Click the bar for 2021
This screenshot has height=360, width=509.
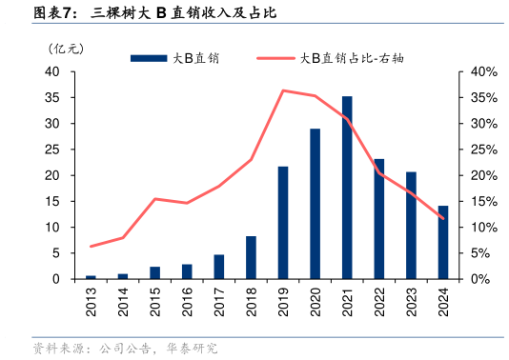pos(347,188)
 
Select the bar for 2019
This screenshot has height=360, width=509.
pos(283,223)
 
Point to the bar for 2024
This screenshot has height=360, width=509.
pos(442,242)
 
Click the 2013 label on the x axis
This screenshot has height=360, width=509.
pos(92,301)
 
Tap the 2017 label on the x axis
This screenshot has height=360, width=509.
pos(219,301)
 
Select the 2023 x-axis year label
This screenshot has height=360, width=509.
pos(411,301)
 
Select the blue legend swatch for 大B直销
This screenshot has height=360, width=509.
pos(149,58)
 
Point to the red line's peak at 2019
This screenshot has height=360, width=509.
pos(283,90)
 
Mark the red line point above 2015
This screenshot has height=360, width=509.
pos(155,199)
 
